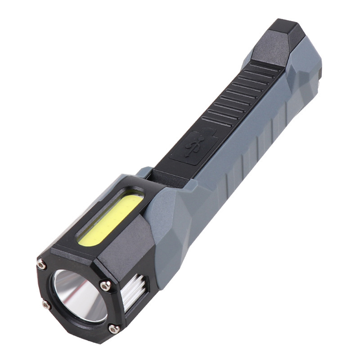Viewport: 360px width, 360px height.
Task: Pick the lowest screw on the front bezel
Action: [x=113, y=329]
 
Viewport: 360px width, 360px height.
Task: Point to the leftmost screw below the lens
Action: [x=46, y=305]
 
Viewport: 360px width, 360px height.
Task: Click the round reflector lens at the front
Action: [x=79, y=295]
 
